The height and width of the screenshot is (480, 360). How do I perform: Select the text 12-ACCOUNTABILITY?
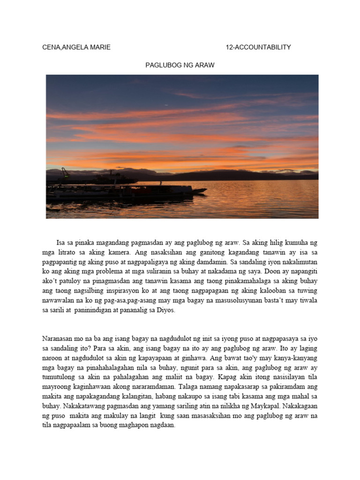pyautogui.click(x=258, y=47)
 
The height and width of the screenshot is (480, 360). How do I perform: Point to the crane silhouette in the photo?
pyautogui.click(x=64, y=173)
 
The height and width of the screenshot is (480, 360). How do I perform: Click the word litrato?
pyautogui.click(x=70, y=252)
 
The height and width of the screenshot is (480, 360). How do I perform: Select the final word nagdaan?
pyautogui.click(x=163, y=426)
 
